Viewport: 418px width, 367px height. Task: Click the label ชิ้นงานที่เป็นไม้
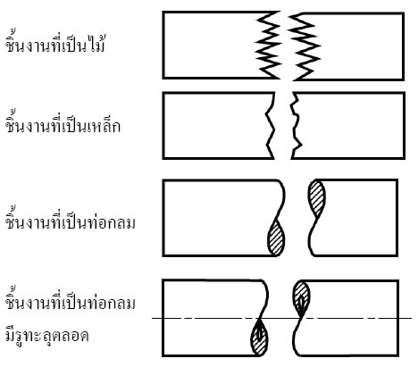[x=55, y=44]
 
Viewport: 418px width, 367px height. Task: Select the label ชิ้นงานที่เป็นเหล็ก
[x=63, y=124]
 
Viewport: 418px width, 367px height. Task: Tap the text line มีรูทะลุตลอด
[x=47, y=336]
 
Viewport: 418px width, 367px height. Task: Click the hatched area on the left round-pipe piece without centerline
[x=276, y=238]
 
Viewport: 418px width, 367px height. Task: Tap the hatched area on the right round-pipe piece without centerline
[x=316, y=198]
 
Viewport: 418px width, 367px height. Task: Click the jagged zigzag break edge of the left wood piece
[x=268, y=46]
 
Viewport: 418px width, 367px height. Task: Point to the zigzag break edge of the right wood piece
[x=304, y=46]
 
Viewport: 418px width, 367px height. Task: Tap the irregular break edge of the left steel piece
[x=271, y=125]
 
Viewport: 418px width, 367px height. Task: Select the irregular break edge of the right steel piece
[x=296, y=125]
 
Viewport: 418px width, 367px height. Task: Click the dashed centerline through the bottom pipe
[x=281, y=319]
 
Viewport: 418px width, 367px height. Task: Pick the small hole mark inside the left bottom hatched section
[x=260, y=334]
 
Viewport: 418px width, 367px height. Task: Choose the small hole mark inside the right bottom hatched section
[x=301, y=303]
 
